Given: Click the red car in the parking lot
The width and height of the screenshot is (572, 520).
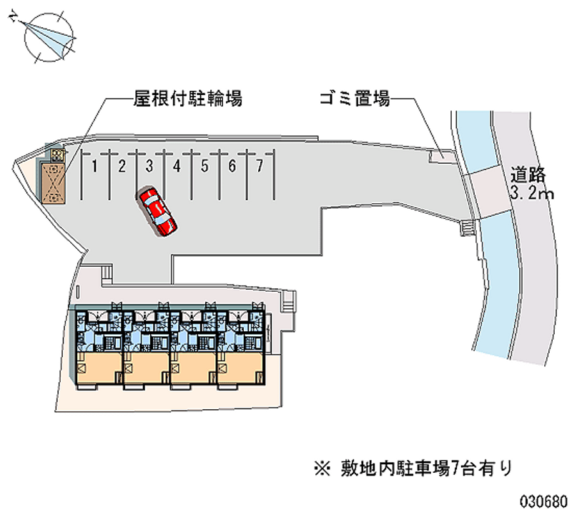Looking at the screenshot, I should coord(158,210).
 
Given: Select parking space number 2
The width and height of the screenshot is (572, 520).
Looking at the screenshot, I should coord(122,167).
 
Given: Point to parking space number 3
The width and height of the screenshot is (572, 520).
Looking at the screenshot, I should coord(149,167).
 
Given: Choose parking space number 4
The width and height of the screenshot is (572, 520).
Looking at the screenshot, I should coord(176,167).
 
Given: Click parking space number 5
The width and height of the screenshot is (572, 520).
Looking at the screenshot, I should coord(204,167).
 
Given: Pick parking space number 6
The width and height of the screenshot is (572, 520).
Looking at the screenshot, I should coord(232,167).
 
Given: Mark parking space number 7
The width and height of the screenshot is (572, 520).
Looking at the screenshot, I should coord(260,167).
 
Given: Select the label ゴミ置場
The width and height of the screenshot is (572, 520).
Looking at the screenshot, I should coord(354,99).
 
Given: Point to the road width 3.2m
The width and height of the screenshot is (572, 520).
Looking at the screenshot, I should coord(528,193).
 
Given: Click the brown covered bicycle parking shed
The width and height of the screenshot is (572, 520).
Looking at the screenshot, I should coord(51,182).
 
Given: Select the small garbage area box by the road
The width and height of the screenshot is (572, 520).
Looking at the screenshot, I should coord(440,153).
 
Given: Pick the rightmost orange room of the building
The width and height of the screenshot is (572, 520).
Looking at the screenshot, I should coord(240,368).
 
